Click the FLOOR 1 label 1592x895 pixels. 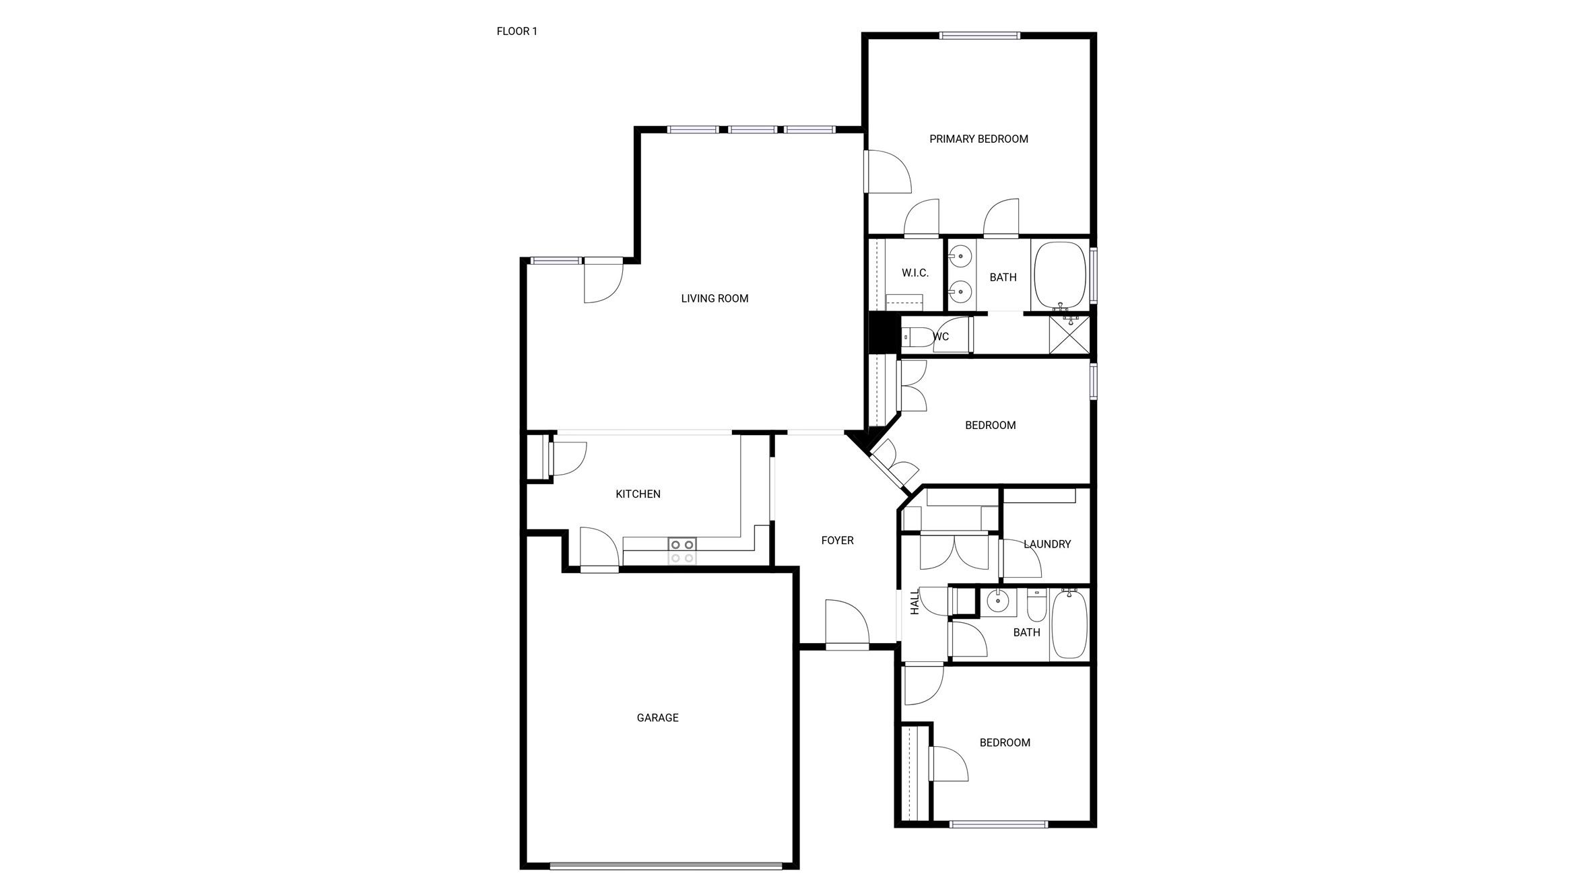pos(517,31)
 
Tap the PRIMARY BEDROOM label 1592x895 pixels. pos(979,139)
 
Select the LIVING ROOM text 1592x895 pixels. pos(715,298)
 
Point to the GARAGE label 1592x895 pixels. pos(657,718)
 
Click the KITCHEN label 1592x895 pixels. pos(638,494)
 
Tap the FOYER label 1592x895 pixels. pos(837,540)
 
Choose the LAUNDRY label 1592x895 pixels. pos(1047,544)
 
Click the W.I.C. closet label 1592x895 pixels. pos(915,273)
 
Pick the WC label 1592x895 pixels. pos(941,337)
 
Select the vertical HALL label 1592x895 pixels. pos(915,603)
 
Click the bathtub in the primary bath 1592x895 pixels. pos(1060,274)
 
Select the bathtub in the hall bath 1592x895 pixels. pos(1069,624)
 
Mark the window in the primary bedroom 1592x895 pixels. pos(980,36)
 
